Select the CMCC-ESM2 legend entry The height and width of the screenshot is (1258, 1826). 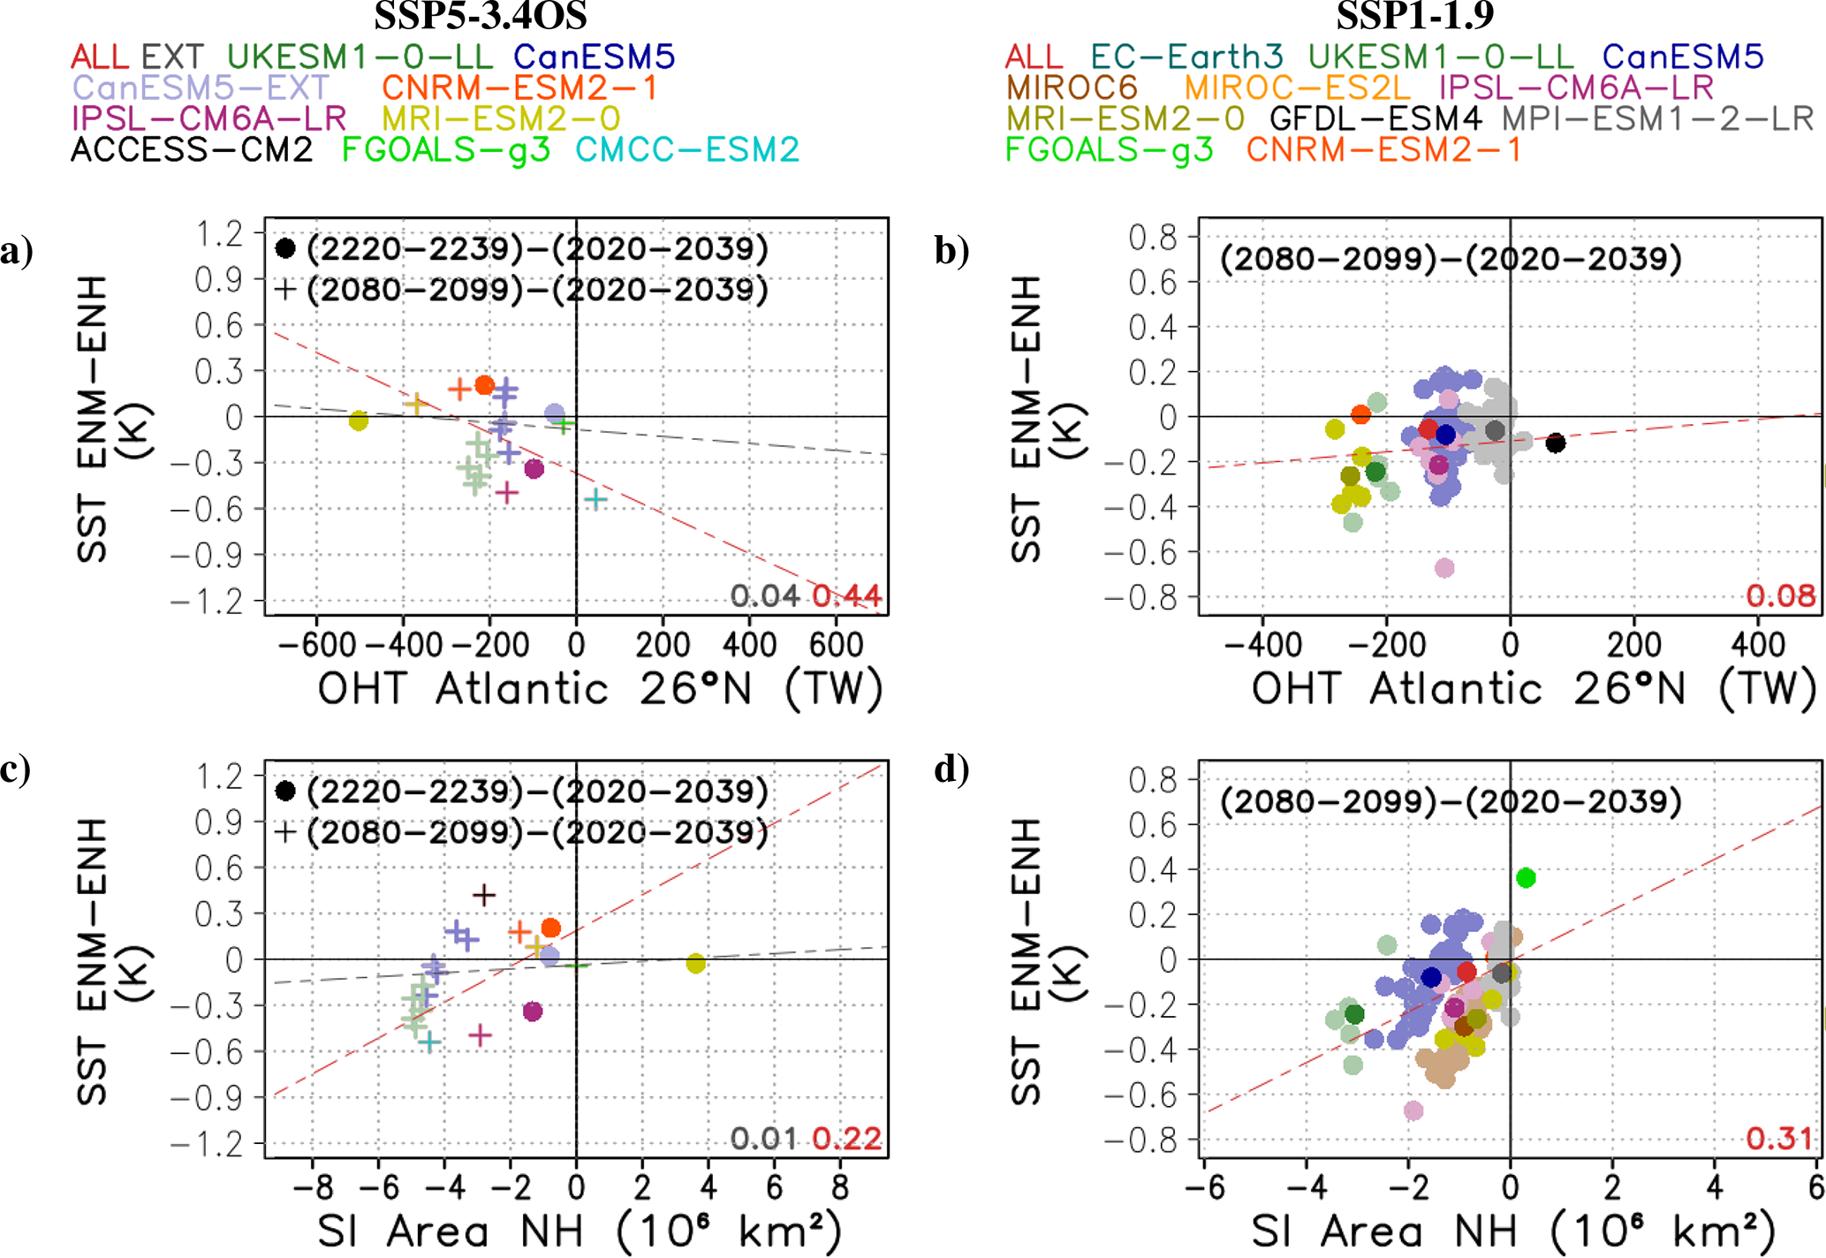tap(687, 149)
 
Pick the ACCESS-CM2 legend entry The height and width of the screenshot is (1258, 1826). tap(192, 149)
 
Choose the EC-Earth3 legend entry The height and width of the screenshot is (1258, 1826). tap(1186, 57)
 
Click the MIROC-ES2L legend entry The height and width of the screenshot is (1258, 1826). tap(1297, 87)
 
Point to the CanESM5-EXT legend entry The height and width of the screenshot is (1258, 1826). tap(201, 87)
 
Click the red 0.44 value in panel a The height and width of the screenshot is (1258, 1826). tap(846, 596)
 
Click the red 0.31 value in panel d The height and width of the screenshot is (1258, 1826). tap(1779, 1138)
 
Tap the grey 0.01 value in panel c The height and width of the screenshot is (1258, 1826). tap(763, 1138)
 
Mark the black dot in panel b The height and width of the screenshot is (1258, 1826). tap(1556, 443)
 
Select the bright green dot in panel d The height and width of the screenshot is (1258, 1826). tap(1526, 877)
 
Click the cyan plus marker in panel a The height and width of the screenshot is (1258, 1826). tap(595, 499)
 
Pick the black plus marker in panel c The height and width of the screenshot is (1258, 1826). tap(483, 895)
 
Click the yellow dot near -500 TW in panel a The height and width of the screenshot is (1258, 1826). tap(358, 421)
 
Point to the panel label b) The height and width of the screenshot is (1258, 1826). tap(951, 251)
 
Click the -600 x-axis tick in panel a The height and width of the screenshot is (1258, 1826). tap(317, 645)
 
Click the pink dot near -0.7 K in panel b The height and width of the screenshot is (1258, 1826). tap(1444, 567)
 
